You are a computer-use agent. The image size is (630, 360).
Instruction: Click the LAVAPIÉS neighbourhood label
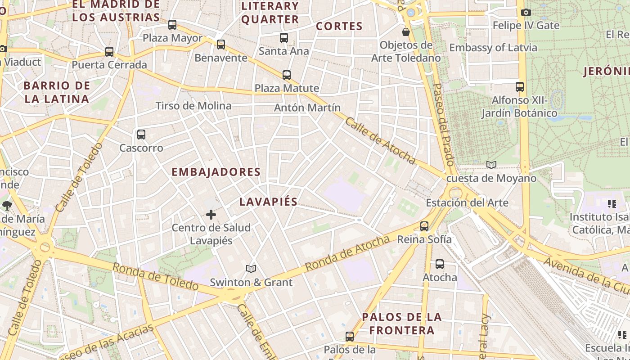click(268, 202)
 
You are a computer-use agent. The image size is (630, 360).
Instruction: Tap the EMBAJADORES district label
click(216, 172)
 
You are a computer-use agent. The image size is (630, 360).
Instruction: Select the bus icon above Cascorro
click(141, 134)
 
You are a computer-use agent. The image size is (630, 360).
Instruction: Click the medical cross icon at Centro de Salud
click(211, 215)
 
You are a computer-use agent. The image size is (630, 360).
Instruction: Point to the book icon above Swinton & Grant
click(251, 269)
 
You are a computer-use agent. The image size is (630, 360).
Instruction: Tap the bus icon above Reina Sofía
click(424, 226)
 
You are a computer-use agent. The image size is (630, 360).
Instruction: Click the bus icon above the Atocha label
click(440, 264)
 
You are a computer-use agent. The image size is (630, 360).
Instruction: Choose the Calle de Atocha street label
click(380, 140)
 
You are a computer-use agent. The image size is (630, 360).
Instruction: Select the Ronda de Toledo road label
click(155, 276)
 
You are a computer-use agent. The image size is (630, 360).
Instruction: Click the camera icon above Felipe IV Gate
click(526, 13)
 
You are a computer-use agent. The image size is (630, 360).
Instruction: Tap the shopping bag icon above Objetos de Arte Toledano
click(406, 32)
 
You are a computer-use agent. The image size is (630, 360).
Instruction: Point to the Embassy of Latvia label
click(493, 48)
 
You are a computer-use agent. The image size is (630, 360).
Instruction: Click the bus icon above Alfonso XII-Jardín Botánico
click(520, 86)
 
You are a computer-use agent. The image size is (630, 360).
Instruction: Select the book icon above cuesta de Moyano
click(491, 165)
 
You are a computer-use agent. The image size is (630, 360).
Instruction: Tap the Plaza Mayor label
click(172, 38)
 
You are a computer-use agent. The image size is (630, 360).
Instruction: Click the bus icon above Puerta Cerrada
click(109, 52)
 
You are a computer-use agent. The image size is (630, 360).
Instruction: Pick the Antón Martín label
click(307, 108)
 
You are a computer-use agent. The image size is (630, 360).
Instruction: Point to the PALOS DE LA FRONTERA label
click(402, 324)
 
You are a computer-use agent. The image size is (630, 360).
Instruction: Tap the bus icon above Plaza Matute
click(287, 75)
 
